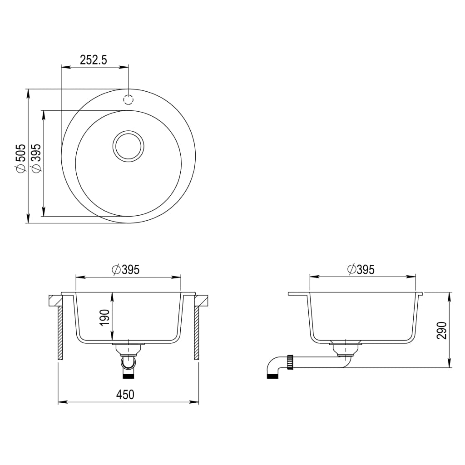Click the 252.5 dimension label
(94, 60)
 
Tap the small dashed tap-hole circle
(129, 100)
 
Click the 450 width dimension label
(125, 395)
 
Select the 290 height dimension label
(443, 330)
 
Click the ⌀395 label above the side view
(361, 269)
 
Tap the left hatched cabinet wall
(60, 332)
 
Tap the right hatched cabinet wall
(197, 332)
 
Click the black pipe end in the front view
(129, 376)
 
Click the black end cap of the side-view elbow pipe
(272, 376)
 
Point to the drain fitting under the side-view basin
(347, 349)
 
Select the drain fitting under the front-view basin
(129, 349)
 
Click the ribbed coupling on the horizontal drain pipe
(290, 361)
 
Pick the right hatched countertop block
(201, 300)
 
